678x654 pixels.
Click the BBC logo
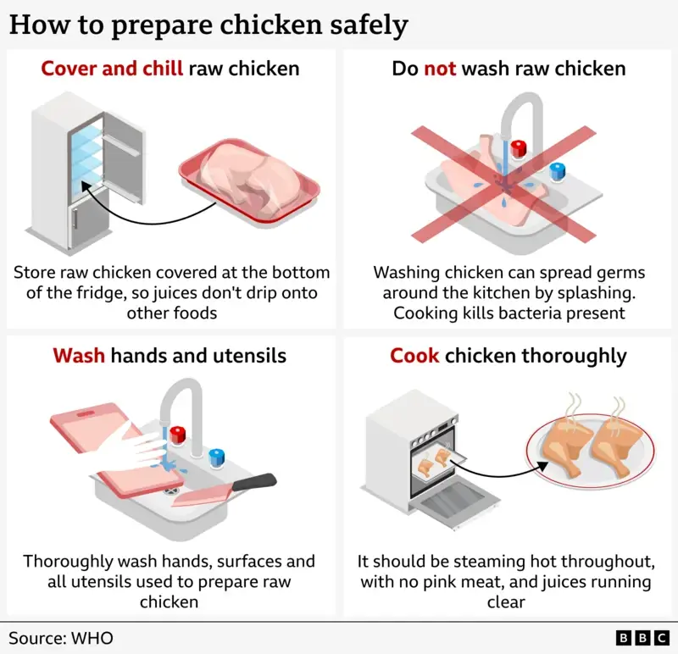click(642, 638)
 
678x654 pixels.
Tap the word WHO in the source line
click(92, 638)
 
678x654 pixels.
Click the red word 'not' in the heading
click(440, 69)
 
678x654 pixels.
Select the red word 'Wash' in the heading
click(79, 355)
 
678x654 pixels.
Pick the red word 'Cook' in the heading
click(414, 355)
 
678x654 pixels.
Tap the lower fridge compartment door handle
click(75, 219)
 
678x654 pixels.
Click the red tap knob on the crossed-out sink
click(519, 149)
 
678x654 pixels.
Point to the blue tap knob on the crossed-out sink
click(558, 172)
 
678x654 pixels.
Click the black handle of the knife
click(254, 481)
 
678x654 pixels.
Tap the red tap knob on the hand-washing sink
click(178, 435)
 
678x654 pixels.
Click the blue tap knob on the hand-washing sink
click(217, 458)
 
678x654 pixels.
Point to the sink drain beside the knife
click(171, 491)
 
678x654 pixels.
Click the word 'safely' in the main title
click(369, 25)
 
